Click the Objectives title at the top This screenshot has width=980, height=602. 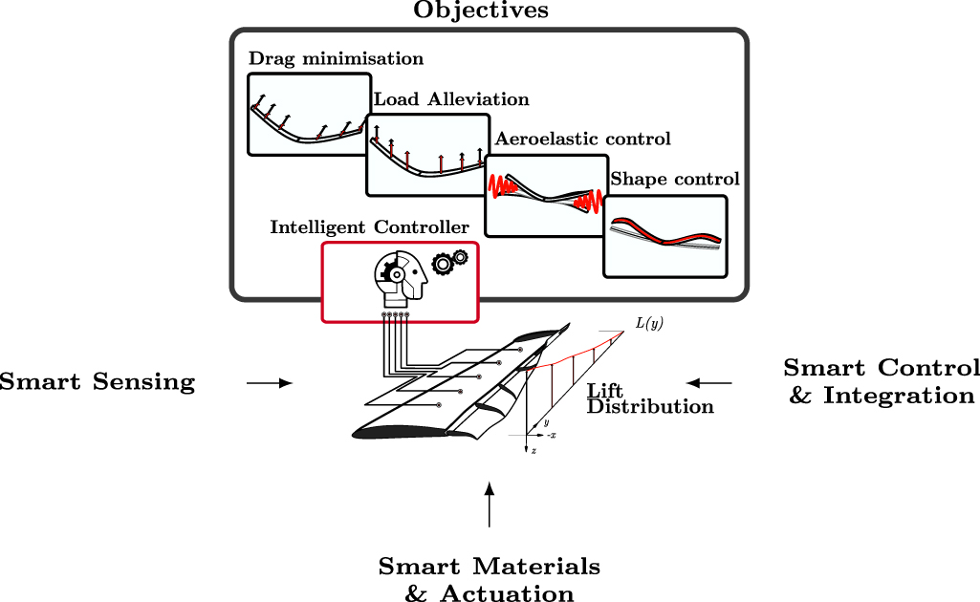tap(481, 11)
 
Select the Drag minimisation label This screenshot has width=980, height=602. tap(336, 59)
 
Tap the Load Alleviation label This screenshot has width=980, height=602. tap(451, 99)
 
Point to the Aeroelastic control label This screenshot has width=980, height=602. tap(578, 140)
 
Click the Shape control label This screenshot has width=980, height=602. tap(675, 180)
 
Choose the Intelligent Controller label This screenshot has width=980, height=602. tap(369, 227)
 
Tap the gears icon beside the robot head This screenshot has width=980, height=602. tap(450, 261)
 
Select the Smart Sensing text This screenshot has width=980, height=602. tap(97, 383)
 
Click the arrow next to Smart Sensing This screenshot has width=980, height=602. tap(269, 383)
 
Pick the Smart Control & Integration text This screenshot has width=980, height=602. tap(882, 381)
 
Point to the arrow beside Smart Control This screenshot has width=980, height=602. tap(709, 383)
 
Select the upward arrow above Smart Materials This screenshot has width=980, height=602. tap(490, 505)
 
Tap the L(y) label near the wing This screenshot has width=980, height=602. tap(649, 324)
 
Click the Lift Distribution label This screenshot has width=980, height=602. tap(650, 398)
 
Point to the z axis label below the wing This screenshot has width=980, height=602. tap(534, 450)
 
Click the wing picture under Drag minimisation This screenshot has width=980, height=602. tap(309, 122)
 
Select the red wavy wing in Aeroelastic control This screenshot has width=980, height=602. tap(546, 194)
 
